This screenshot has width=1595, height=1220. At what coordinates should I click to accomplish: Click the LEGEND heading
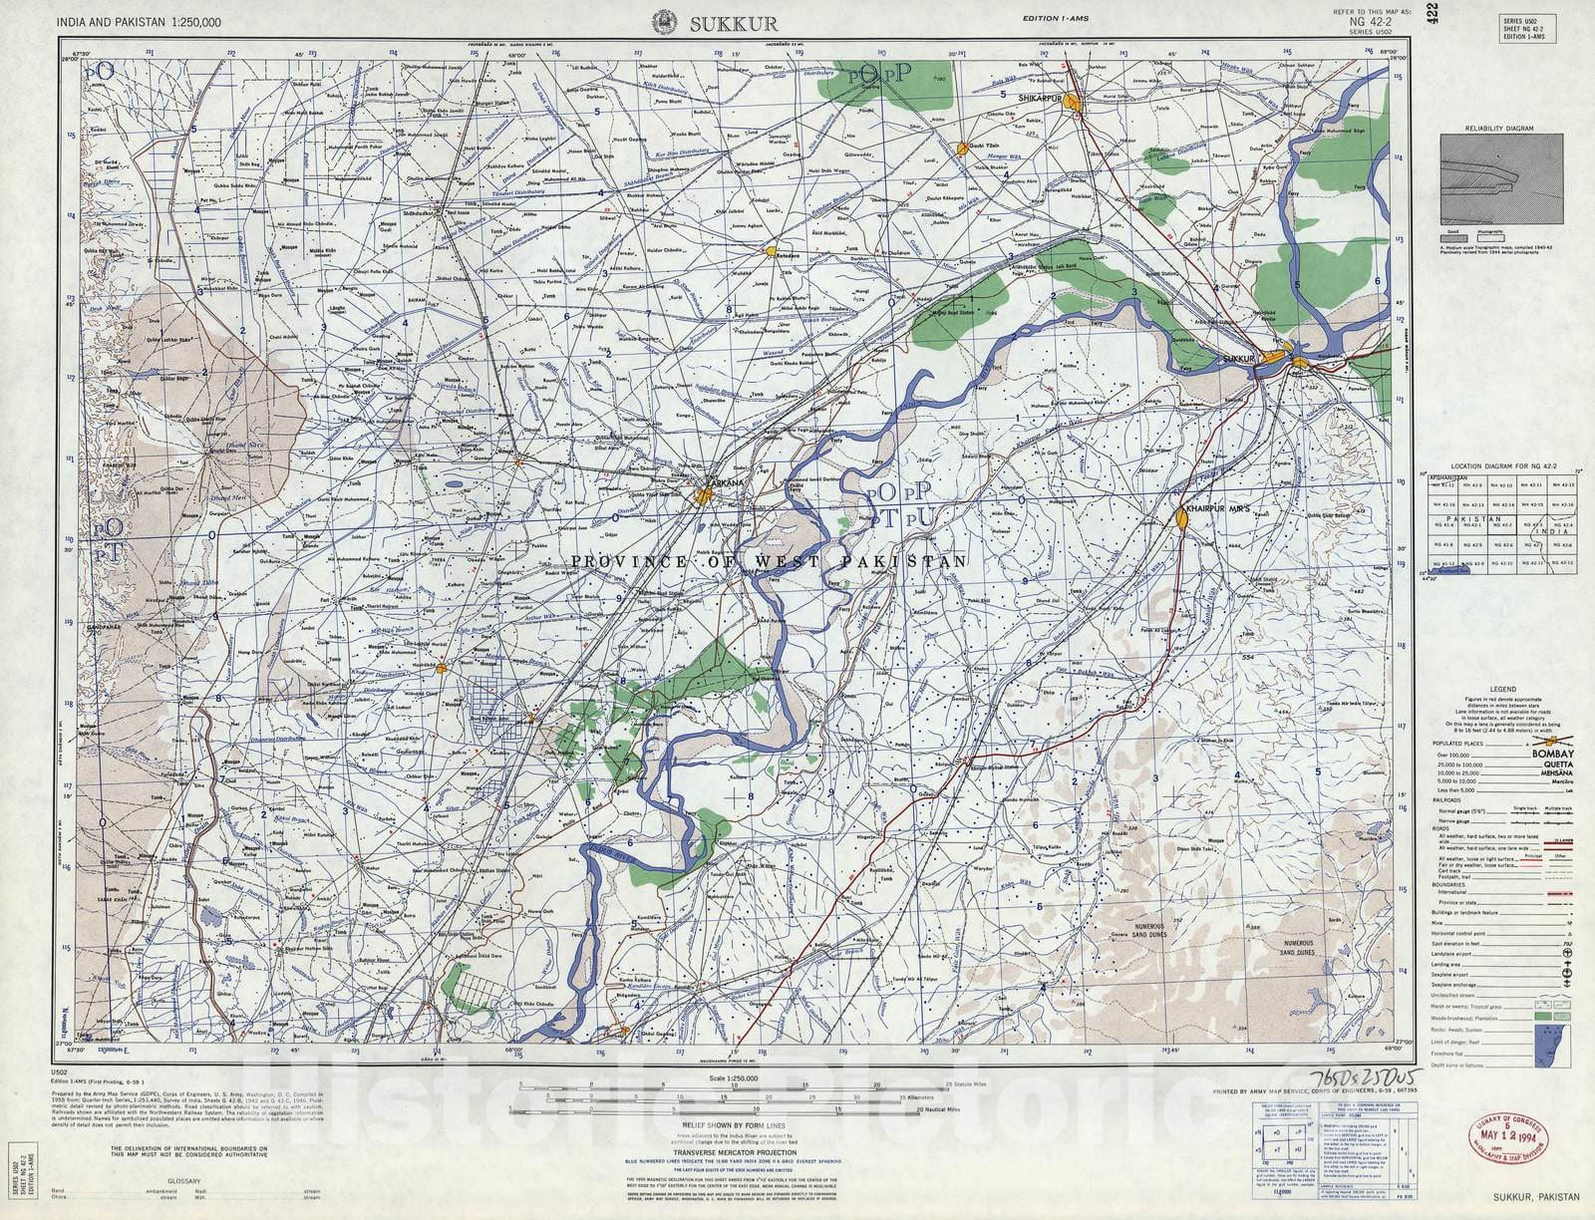pos(1502,689)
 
